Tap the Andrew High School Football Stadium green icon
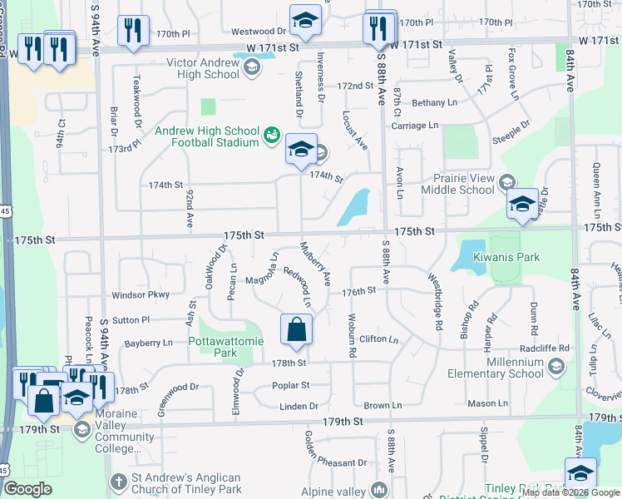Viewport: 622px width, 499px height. tap(271, 135)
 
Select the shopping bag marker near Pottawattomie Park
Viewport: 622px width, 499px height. tap(296, 330)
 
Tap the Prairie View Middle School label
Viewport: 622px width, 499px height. tap(464, 183)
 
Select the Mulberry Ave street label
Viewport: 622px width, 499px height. tap(316, 261)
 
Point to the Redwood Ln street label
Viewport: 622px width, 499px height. tap(298, 284)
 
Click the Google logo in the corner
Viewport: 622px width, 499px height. tap(27, 489)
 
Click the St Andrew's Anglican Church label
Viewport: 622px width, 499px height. tap(186, 484)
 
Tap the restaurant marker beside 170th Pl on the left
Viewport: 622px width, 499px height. tap(133, 31)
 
